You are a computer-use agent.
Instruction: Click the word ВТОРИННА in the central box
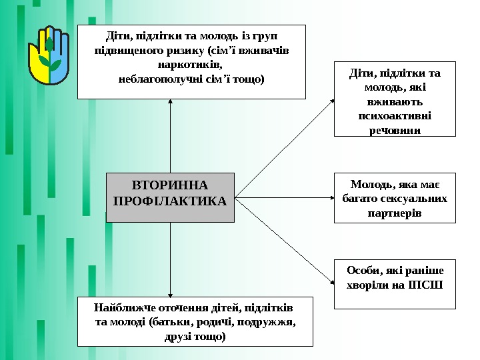click(x=171, y=185)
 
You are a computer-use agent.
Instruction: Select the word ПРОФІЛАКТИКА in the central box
click(x=171, y=200)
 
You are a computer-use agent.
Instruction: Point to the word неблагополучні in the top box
click(x=158, y=79)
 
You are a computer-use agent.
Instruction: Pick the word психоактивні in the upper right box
click(x=395, y=115)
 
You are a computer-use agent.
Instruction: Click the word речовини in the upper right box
click(x=395, y=130)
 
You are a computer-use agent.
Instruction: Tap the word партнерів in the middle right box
click(x=395, y=213)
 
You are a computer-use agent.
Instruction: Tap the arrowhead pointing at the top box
click(x=171, y=102)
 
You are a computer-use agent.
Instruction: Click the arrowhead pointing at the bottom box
click(x=171, y=297)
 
